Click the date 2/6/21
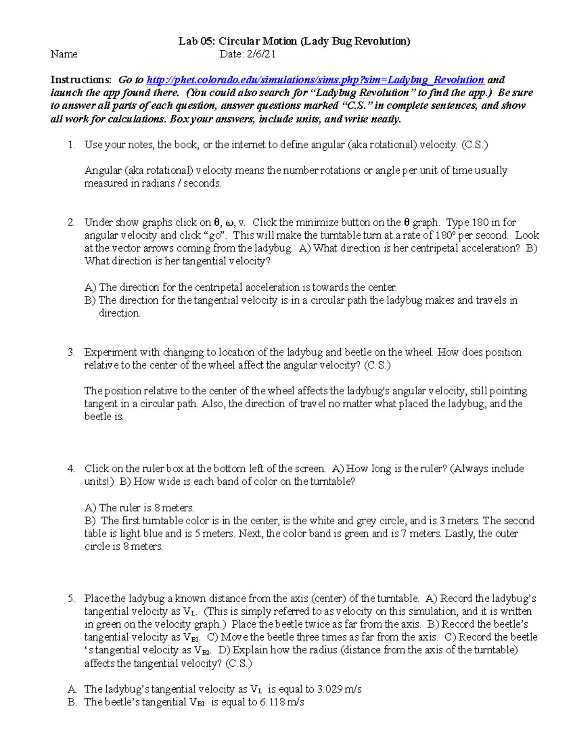261,54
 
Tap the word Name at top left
64,54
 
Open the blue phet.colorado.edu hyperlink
315,80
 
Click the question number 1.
71,145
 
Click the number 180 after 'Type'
480,222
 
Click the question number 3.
71,353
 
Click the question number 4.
71,469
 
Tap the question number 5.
71,599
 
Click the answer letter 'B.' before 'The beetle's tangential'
72,702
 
